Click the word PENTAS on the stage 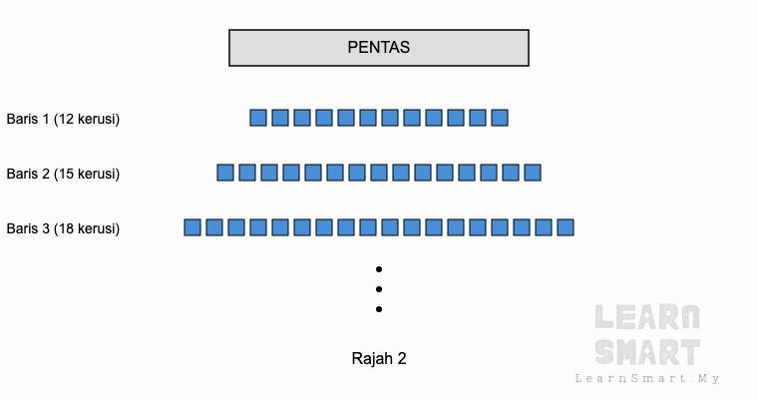379,48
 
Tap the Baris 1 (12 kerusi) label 63,119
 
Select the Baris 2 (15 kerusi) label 63,174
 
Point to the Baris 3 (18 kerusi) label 63,228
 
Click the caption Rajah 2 379,358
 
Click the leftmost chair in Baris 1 258,118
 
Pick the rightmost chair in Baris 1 500,118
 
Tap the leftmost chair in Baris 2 225,173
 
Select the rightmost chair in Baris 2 533,173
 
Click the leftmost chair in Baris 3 192,227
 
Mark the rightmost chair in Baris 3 566,227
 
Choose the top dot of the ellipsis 379,269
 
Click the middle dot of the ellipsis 379,289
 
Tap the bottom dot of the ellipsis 379,309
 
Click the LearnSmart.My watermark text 647,378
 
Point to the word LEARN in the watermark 647,317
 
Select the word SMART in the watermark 647,352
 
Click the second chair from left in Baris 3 214,227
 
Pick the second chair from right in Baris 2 511,173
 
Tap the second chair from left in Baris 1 280,118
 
